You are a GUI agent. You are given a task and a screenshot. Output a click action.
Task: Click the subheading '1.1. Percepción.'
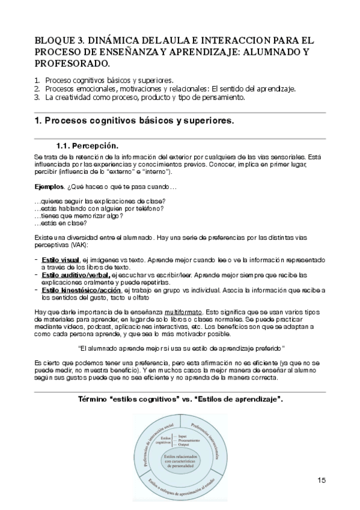[87, 146]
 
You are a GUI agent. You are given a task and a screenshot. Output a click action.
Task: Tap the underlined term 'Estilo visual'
[59, 259]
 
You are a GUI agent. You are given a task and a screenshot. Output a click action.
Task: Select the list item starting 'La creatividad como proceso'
[145, 96]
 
